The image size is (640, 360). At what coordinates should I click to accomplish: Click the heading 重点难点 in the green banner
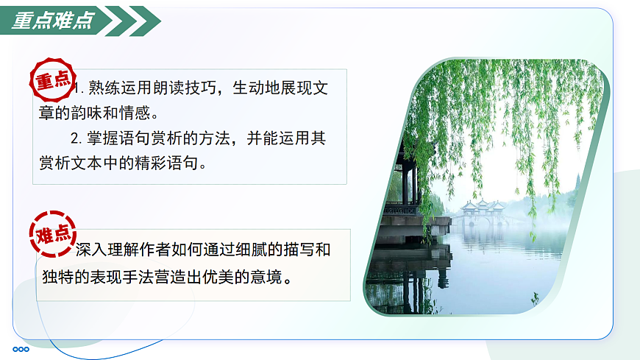pyautogui.click(x=53, y=21)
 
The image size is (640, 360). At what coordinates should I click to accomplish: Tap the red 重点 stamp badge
pyautogui.click(x=53, y=80)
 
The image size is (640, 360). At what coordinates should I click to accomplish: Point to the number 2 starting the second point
pyautogui.click(x=74, y=138)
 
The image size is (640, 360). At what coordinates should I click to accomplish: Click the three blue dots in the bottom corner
pyautogui.click(x=21, y=349)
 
